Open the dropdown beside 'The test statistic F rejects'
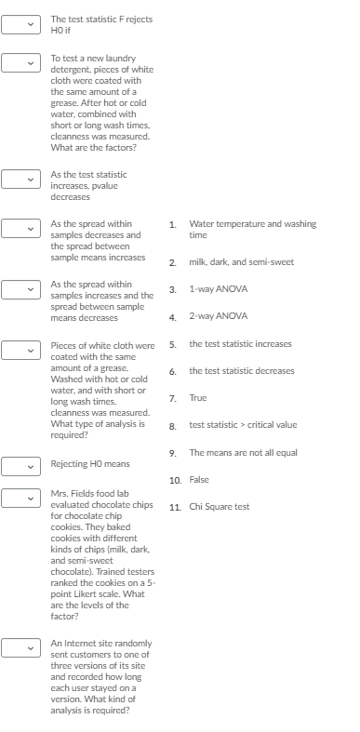click(20, 24)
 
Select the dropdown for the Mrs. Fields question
click(20, 499)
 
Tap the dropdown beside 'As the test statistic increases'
click(20, 178)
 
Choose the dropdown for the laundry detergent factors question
click(20, 62)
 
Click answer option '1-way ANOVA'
click(218, 289)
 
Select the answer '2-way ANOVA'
click(218, 316)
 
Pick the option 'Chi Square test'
click(220, 507)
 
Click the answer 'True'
click(197, 397)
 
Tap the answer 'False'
click(199, 480)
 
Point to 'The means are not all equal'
click(243, 452)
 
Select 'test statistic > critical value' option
click(243, 425)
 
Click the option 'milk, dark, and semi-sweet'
click(241, 262)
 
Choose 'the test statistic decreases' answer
click(241, 371)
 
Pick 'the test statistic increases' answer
click(240, 343)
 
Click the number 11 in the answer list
click(175, 507)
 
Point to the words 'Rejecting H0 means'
click(90, 463)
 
